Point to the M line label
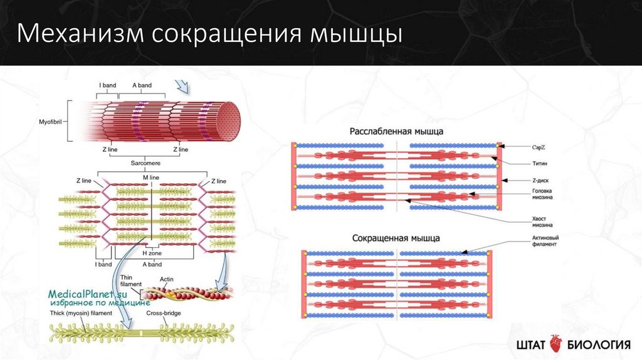tap(150, 179)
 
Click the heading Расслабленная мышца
tap(396, 132)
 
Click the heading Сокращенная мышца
tap(396, 238)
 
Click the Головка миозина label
tap(543, 195)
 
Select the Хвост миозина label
tap(543, 221)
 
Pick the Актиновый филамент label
tap(545, 241)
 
